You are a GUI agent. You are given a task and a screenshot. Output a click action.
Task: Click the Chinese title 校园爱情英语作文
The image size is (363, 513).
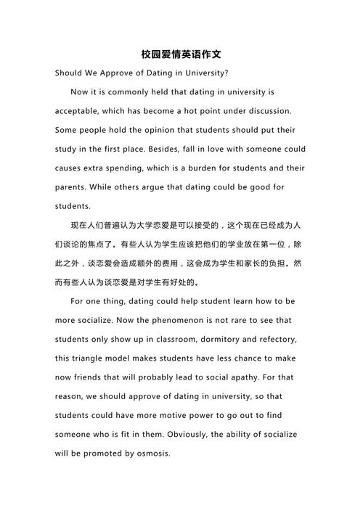coord(181,54)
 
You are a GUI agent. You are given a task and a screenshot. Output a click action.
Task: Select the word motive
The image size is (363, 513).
coord(172,414)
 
